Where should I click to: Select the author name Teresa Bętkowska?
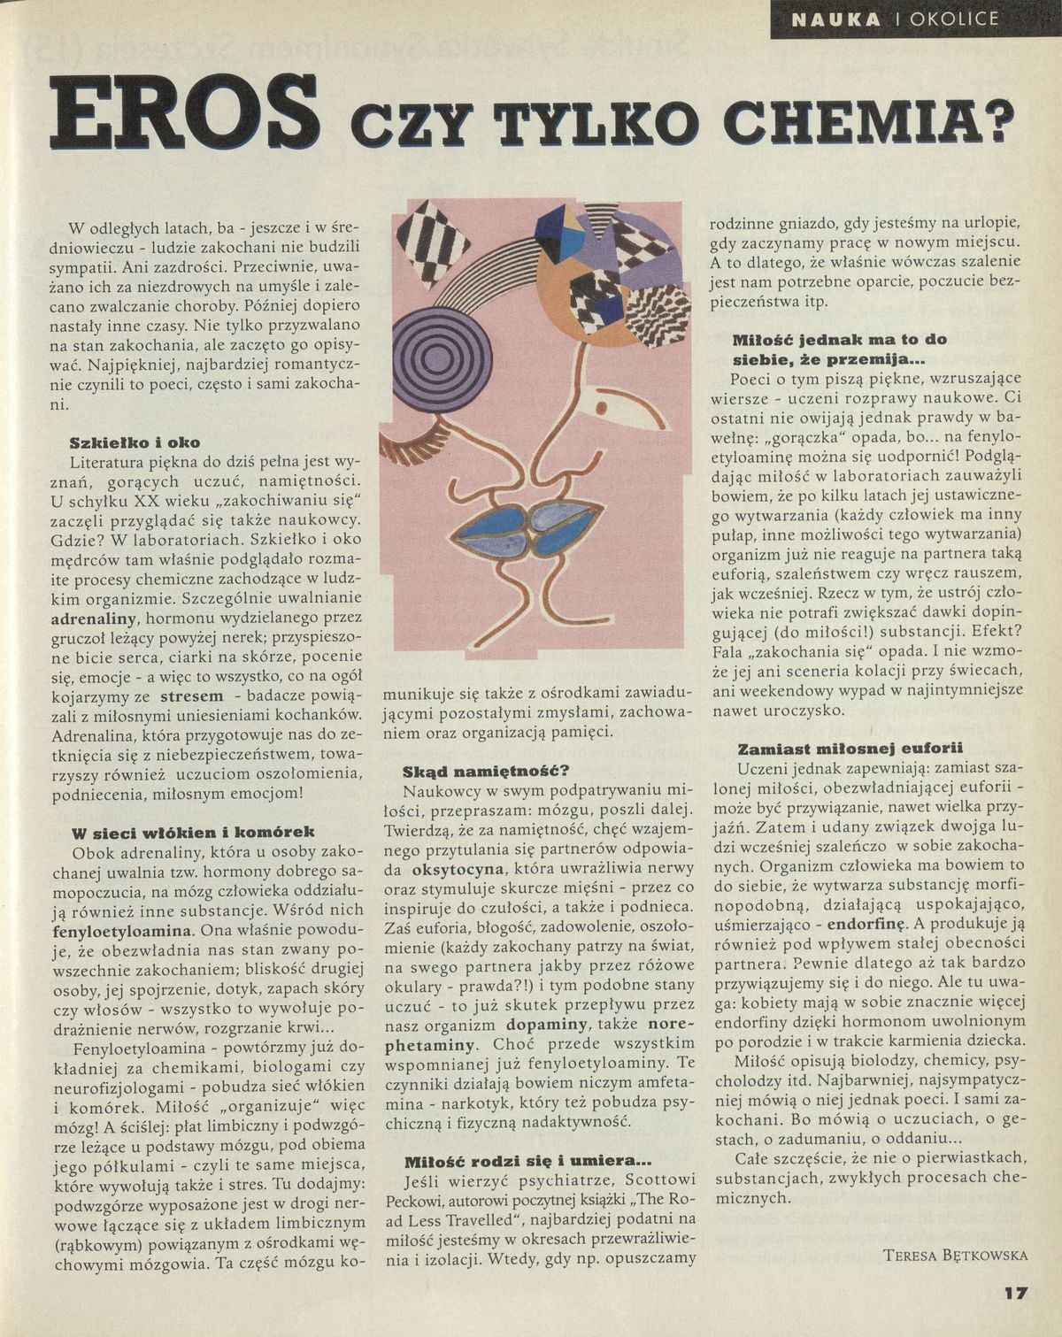pyautogui.click(x=955, y=1255)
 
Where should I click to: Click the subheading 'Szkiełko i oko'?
pyautogui.click(x=135, y=442)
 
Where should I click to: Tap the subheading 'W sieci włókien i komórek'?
pyautogui.click(x=192, y=833)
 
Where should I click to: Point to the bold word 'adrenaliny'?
pyautogui.click(x=96, y=618)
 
